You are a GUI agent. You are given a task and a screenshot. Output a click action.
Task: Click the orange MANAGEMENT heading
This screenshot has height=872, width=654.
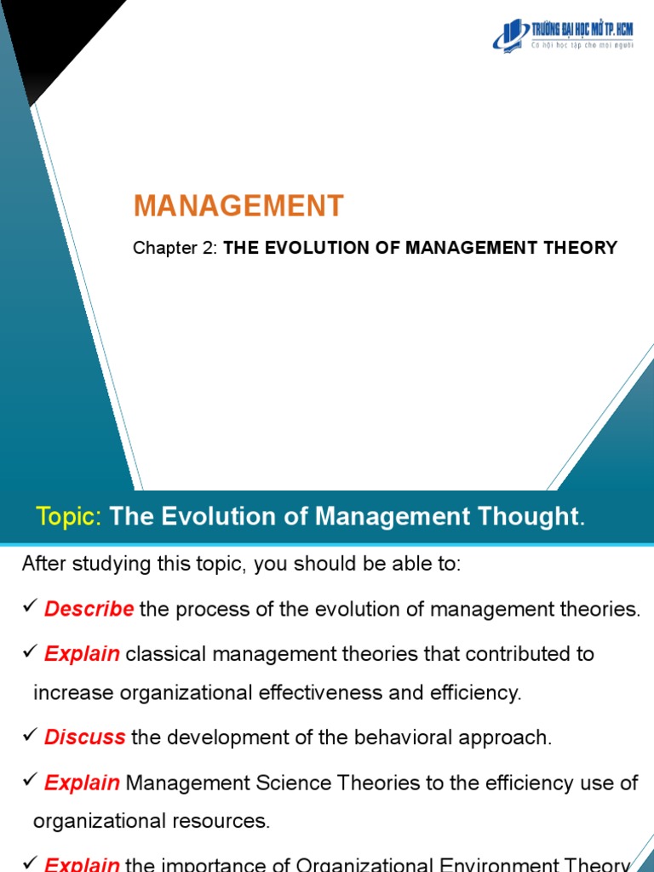pyautogui.click(x=238, y=205)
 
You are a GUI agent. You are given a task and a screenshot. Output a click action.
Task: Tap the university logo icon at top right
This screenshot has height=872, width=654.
pyautogui.click(x=511, y=34)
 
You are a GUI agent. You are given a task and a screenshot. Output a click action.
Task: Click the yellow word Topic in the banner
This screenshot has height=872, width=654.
pyautogui.click(x=69, y=516)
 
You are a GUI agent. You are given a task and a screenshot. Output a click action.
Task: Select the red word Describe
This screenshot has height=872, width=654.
pyautogui.click(x=89, y=609)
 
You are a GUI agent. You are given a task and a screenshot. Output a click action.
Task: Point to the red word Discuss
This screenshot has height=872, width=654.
pyautogui.click(x=85, y=737)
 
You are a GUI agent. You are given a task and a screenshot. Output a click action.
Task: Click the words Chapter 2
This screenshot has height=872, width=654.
pyautogui.click(x=175, y=248)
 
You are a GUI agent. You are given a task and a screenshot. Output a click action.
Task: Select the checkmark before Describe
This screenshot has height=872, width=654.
pyautogui.click(x=30, y=608)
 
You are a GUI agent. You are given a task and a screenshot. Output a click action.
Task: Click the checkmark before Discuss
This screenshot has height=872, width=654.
pyautogui.click(x=30, y=737)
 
